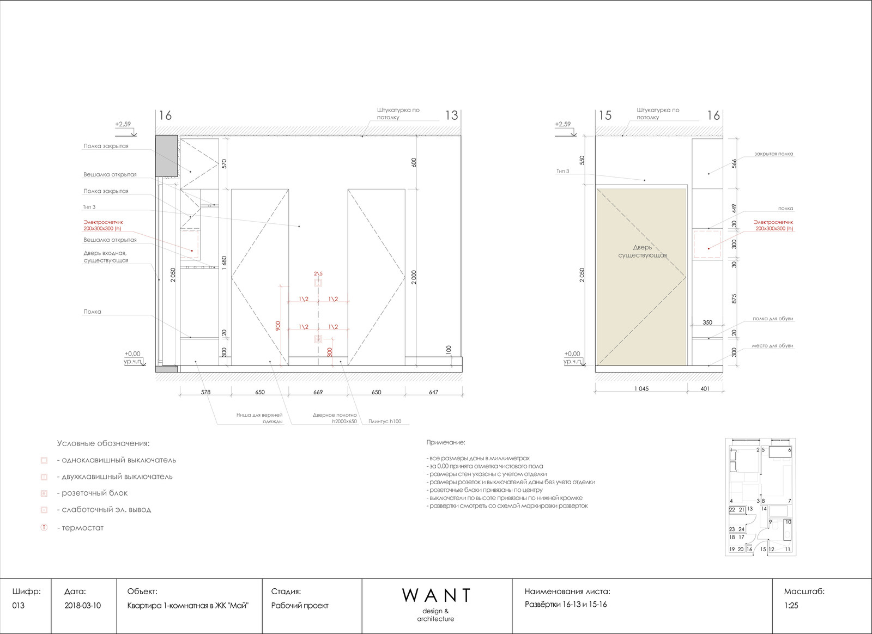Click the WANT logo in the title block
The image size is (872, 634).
[435, 595]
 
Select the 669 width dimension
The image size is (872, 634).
[318, 392]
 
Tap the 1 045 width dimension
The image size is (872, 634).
[641, 388]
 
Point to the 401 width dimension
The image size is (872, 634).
[705, 388]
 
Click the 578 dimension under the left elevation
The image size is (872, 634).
[205, 392]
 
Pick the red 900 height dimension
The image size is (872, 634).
[278, 326]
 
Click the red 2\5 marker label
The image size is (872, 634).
[318, 274]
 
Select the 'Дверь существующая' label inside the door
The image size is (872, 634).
[643, 251]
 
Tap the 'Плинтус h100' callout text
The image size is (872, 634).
[385, 421]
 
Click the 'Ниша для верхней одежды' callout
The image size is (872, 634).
[259, 418]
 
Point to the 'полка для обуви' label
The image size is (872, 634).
[773, 319]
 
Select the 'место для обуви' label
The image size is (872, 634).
[772, 345]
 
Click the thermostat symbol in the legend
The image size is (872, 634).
[44, 528]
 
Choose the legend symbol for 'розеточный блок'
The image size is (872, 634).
[44, 493]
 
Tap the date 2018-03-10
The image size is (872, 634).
[82, 606]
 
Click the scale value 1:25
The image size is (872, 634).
[791, 606]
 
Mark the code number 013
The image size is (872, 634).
[19, 606]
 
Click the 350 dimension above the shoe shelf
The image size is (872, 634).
[707, 322]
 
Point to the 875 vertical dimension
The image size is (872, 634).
[734, 298]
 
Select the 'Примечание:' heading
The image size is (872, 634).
[446, 442]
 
